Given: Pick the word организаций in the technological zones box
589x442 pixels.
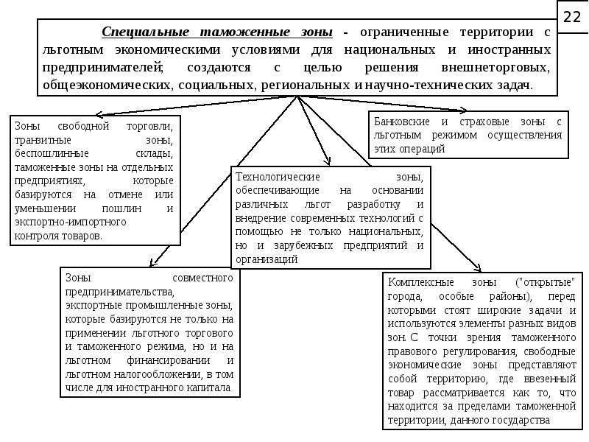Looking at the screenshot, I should tap(267, 259).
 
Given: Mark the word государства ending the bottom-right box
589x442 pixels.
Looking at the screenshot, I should tap(523, 421).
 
